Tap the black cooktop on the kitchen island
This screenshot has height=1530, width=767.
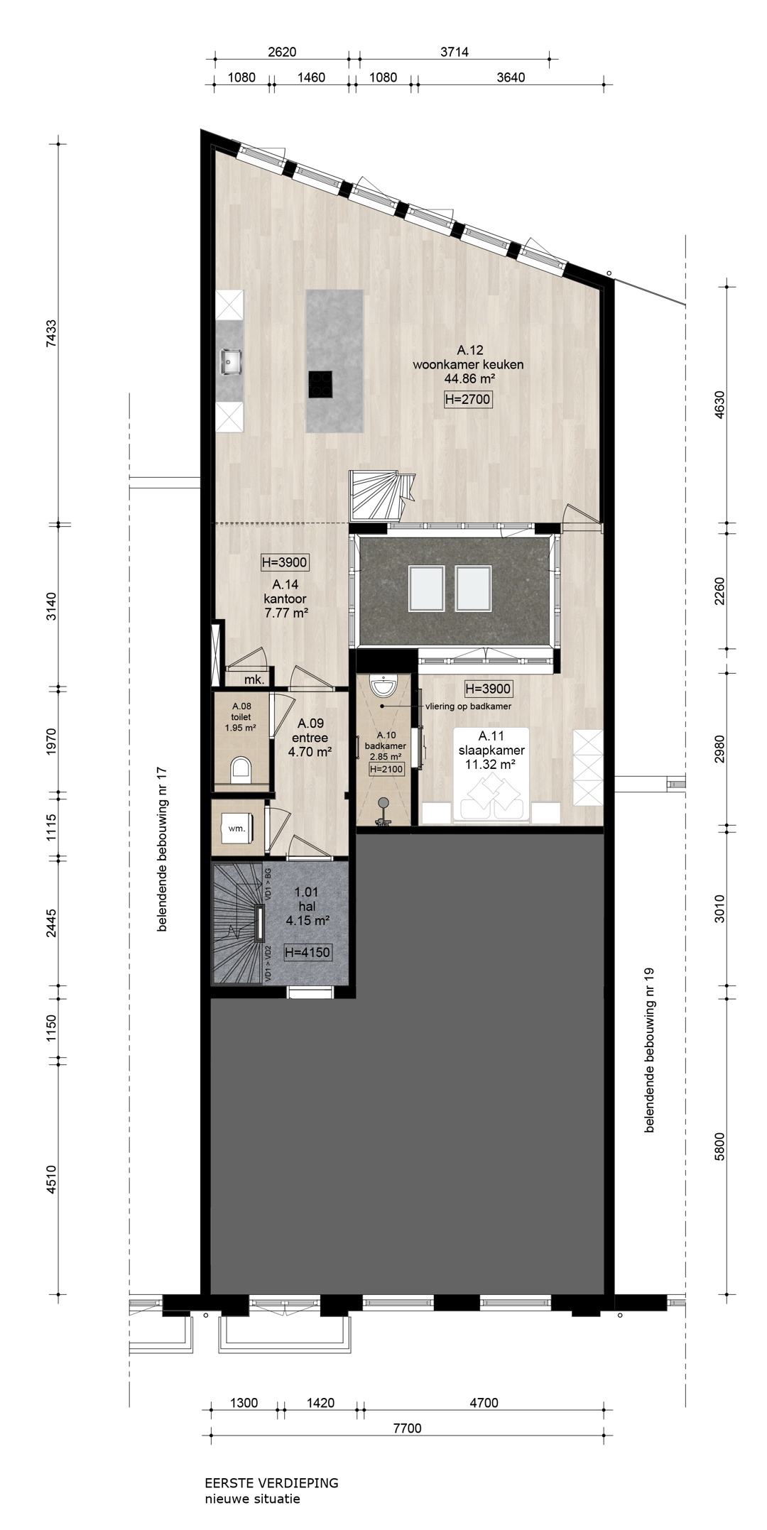[x=320, y=384]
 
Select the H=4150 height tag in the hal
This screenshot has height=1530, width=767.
[x=308, y=952]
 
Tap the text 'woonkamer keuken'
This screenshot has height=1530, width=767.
[x=468, y=365]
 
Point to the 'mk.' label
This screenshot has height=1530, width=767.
[x=254, y=679]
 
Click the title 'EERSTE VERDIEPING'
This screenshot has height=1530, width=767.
[x=271, y=1483]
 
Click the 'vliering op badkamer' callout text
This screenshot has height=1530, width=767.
[x=469, y=706]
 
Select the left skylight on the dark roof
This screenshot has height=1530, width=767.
[x=427, y=589]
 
